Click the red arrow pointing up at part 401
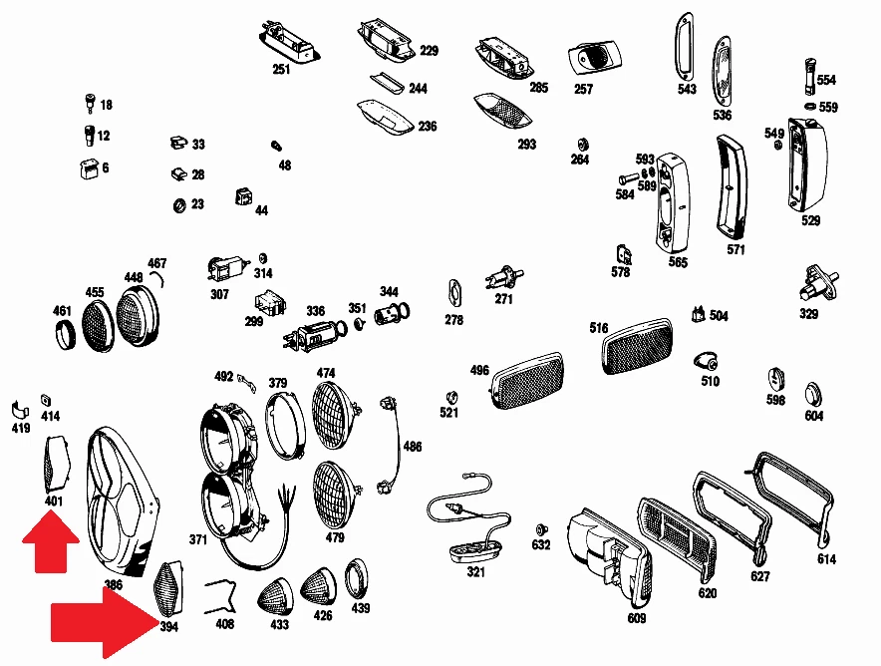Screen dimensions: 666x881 [x=51, y=541]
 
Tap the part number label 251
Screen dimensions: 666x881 [x=281, y=69]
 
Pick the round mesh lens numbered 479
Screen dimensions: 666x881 [x=336, y=496]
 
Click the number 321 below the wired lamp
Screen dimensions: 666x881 [x=475, y=572]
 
